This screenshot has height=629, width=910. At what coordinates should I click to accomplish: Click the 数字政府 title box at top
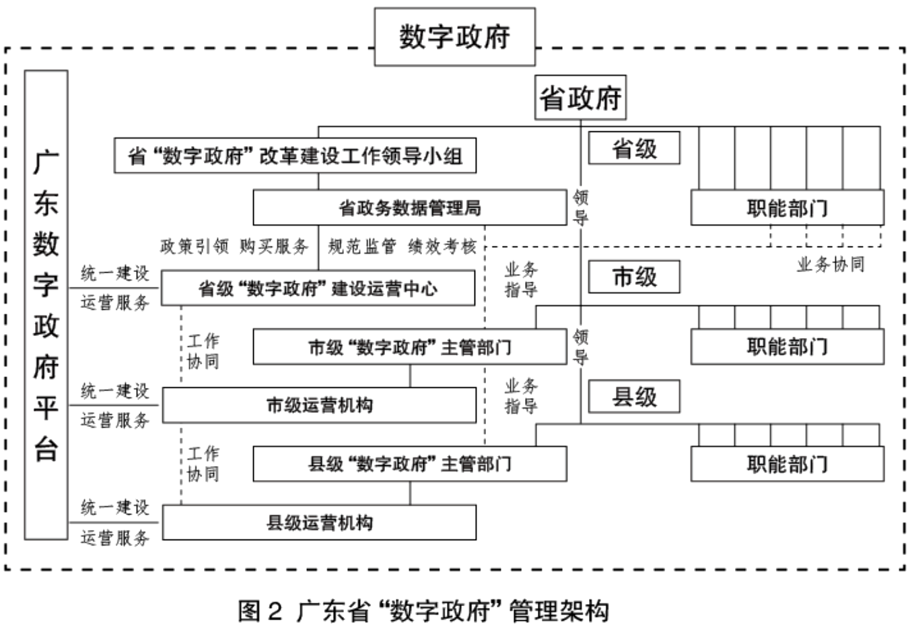point(454,36)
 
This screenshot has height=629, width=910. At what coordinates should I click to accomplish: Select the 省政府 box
point(580,98)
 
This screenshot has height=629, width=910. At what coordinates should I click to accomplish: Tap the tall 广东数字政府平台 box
point(46,304)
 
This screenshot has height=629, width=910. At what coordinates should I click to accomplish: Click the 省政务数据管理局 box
point(409,207)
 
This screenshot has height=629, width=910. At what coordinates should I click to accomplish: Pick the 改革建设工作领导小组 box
point(295,156)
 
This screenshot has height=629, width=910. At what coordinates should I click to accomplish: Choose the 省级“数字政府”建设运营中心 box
point(318,288)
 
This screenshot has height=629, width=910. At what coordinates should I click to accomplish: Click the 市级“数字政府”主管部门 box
point(409,347)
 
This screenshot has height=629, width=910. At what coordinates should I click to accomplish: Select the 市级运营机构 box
point(319,405)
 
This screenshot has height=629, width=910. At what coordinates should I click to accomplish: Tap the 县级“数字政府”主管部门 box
point(409,464)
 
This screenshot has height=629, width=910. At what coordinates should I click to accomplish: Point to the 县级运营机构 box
point(319,523)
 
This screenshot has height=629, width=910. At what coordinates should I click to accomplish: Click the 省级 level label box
point(634,148)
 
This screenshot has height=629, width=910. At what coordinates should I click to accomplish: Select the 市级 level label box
point(634,277)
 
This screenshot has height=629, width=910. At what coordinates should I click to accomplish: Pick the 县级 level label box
point(634,397)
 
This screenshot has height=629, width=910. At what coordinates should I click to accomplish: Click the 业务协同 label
point(830,265)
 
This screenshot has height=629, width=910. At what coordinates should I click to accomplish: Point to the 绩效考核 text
point(442,246)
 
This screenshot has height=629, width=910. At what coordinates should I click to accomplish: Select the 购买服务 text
point(274,246)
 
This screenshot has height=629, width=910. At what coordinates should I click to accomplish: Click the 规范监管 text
point(362,246)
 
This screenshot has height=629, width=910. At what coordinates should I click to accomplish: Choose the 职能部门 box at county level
point(787,464)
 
